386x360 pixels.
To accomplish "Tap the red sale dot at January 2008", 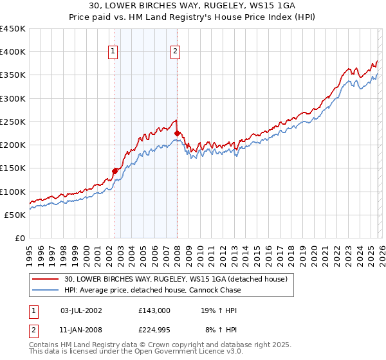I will coord(177,134).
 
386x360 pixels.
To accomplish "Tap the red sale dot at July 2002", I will coord(115,171).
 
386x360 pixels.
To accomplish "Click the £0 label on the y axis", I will coord(19,238).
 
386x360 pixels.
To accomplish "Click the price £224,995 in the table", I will coord(154,329).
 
